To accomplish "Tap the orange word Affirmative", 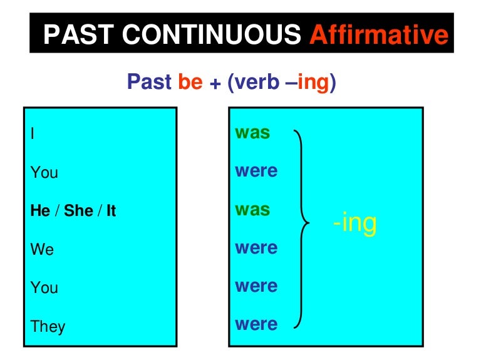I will (380, 35).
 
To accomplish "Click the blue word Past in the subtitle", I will (150, 83).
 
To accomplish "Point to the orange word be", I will (190, 83).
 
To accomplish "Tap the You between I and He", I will (44, 172).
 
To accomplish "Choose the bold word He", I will (40, 211).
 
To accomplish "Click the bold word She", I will (78, 211).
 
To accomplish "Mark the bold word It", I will (111, 211).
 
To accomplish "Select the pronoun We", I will (43, 250).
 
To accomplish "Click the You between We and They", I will (44, 288).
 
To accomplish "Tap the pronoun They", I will (48, 327).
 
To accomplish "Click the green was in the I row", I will (252, 133).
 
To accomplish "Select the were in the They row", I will (256, 324).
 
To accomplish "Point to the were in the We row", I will (256, 249).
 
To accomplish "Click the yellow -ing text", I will (354, 222).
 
